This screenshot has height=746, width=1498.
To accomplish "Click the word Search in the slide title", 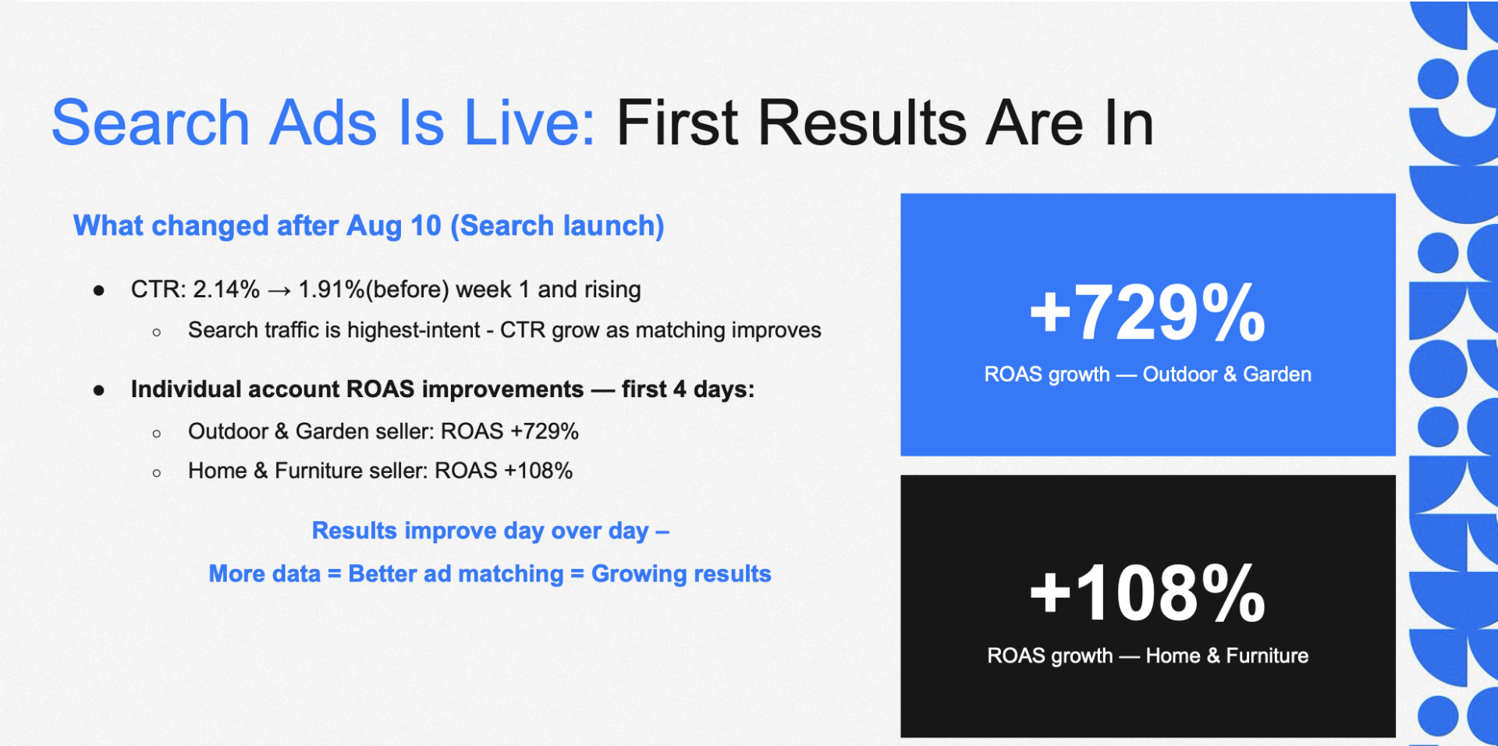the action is [151, 123].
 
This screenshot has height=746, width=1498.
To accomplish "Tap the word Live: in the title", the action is [530, 123].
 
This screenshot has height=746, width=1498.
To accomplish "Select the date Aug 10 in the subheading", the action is [394, 226].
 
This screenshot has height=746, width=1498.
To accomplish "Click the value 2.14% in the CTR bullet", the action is [226, 290].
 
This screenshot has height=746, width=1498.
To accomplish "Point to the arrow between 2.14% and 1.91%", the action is [279, 291].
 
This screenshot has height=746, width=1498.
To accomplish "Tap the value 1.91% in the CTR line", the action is [332, 290].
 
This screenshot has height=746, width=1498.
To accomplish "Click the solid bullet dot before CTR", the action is [99, 291].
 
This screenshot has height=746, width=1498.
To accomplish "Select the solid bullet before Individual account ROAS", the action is [99, 390].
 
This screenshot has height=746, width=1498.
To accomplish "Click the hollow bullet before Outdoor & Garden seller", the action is [157, 433].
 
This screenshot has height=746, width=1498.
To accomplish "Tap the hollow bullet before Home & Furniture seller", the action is [157, 473].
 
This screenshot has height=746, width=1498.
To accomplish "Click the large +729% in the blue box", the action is [1148, 313].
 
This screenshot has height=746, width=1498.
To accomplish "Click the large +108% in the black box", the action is [1148, 594].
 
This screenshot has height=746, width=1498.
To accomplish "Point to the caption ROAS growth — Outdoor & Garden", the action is [1148, 375].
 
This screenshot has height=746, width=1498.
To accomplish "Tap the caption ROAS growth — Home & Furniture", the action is [1148, 655].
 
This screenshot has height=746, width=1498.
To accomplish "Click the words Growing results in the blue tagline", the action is [681, 574].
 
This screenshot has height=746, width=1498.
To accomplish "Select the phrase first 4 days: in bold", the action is [688, 389].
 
